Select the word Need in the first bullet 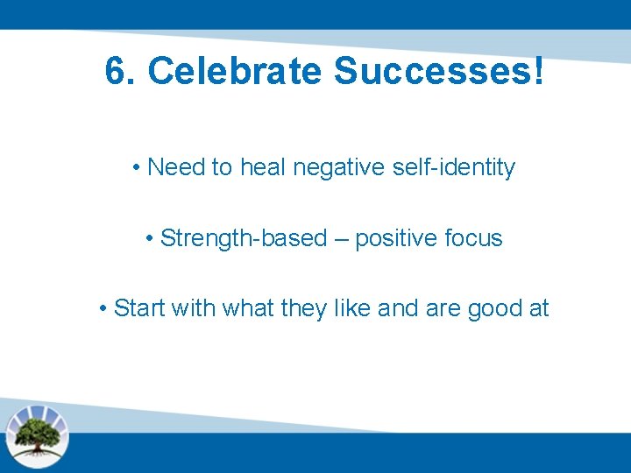click(176, 167)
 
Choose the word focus click(473, 238)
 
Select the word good click(493, 308)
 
